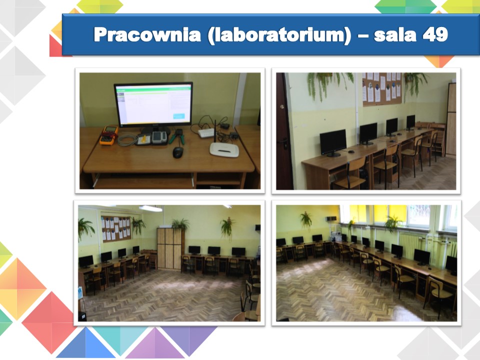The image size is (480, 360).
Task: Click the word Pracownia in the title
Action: coord(147,34)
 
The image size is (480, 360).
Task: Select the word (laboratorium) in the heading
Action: coord(279,35)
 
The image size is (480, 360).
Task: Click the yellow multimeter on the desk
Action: coord(108,135)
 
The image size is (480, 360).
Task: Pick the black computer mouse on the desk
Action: coord(178,152)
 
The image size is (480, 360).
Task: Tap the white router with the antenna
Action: coord(224,148)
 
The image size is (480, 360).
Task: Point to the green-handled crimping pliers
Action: coord(177,136)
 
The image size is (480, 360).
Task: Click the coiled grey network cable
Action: coord(127,140)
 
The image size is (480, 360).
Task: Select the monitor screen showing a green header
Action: coord(153,104)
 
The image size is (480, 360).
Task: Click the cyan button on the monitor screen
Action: coord(179,116)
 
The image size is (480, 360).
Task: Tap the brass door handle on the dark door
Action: coord(281,107)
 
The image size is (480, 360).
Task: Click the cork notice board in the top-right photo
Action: coord(381,89)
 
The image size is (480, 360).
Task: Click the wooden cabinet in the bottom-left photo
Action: coord(169,248)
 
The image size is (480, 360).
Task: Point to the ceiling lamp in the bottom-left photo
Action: coord(150,208)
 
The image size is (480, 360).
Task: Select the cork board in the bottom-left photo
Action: coord(116,228)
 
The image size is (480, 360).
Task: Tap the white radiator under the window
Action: coord(409,245)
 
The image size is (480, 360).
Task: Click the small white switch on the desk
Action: coord(206,133)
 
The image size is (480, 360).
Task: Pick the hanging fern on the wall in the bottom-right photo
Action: coord(305,220)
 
